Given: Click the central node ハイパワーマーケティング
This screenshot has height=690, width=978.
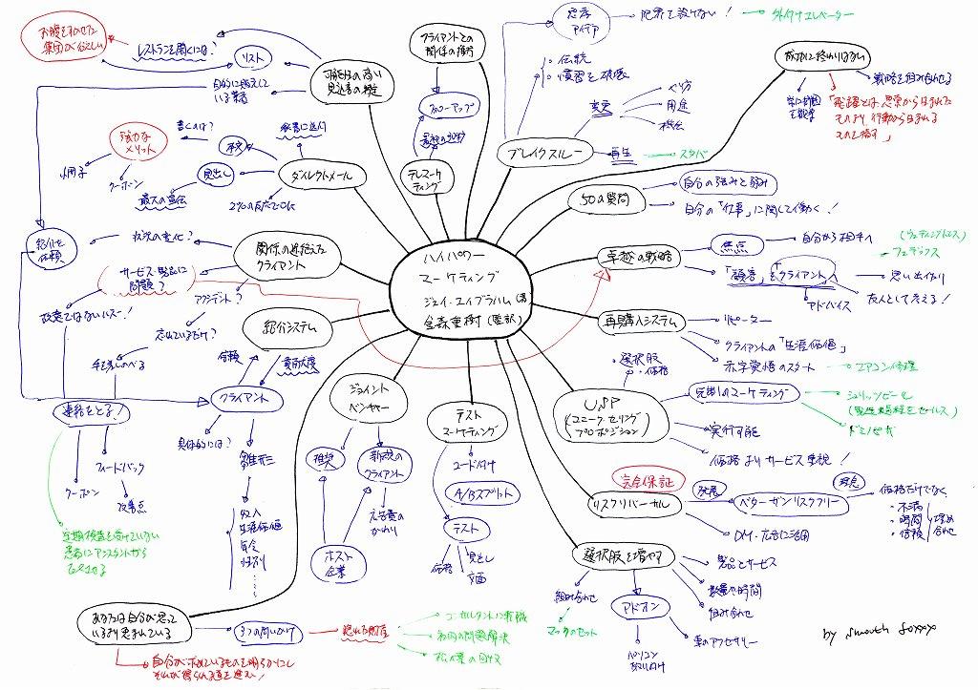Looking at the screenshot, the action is (461, 286).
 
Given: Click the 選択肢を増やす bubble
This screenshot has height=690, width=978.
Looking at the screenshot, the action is (625, 555).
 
